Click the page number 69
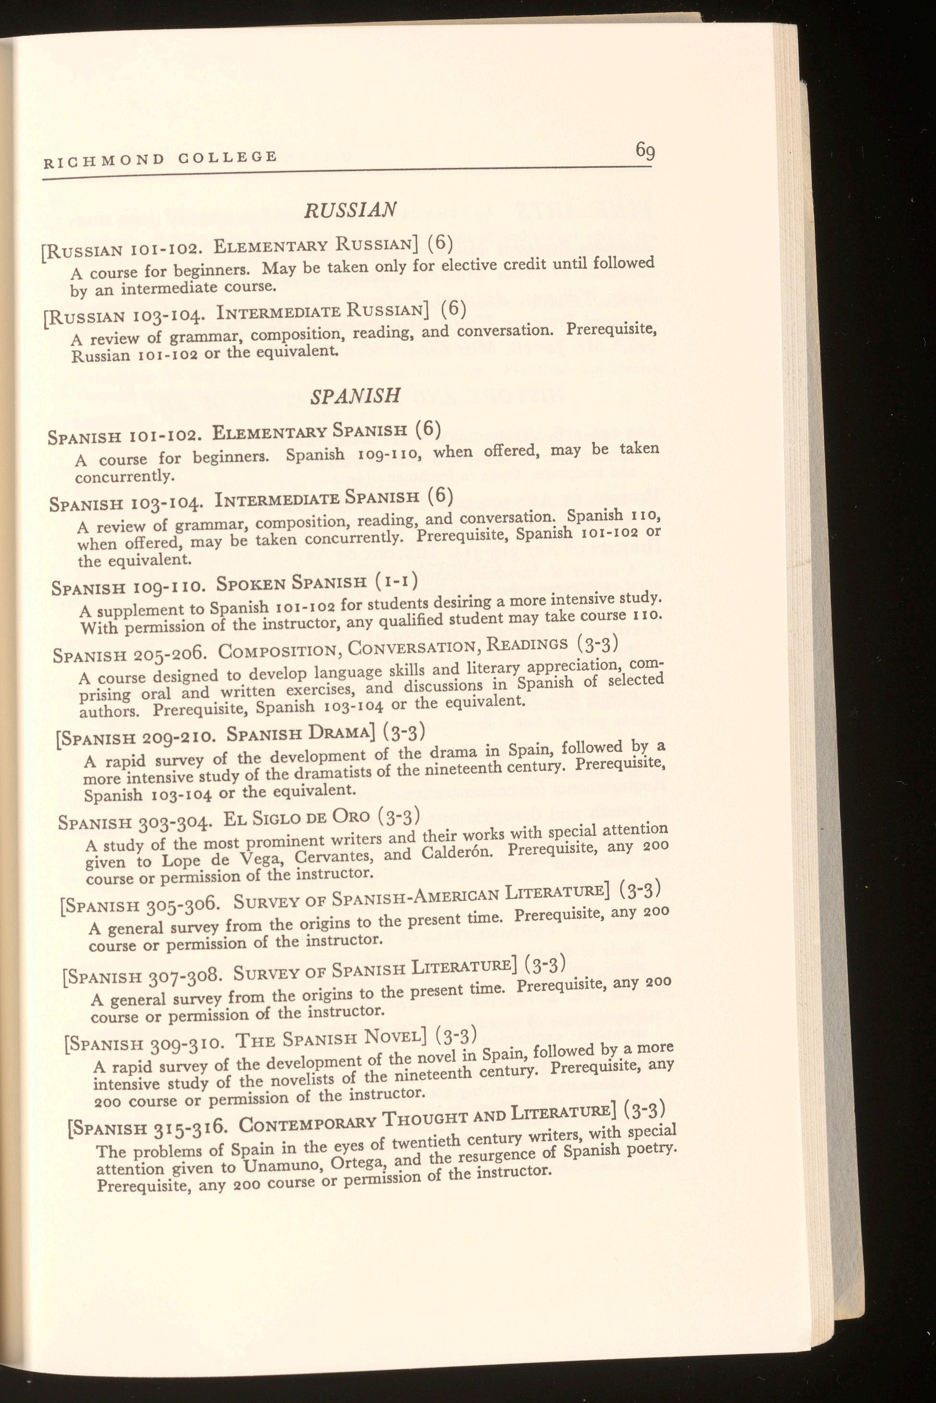(645, 150)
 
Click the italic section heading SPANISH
(355, 396)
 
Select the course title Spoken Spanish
(291, 582)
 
